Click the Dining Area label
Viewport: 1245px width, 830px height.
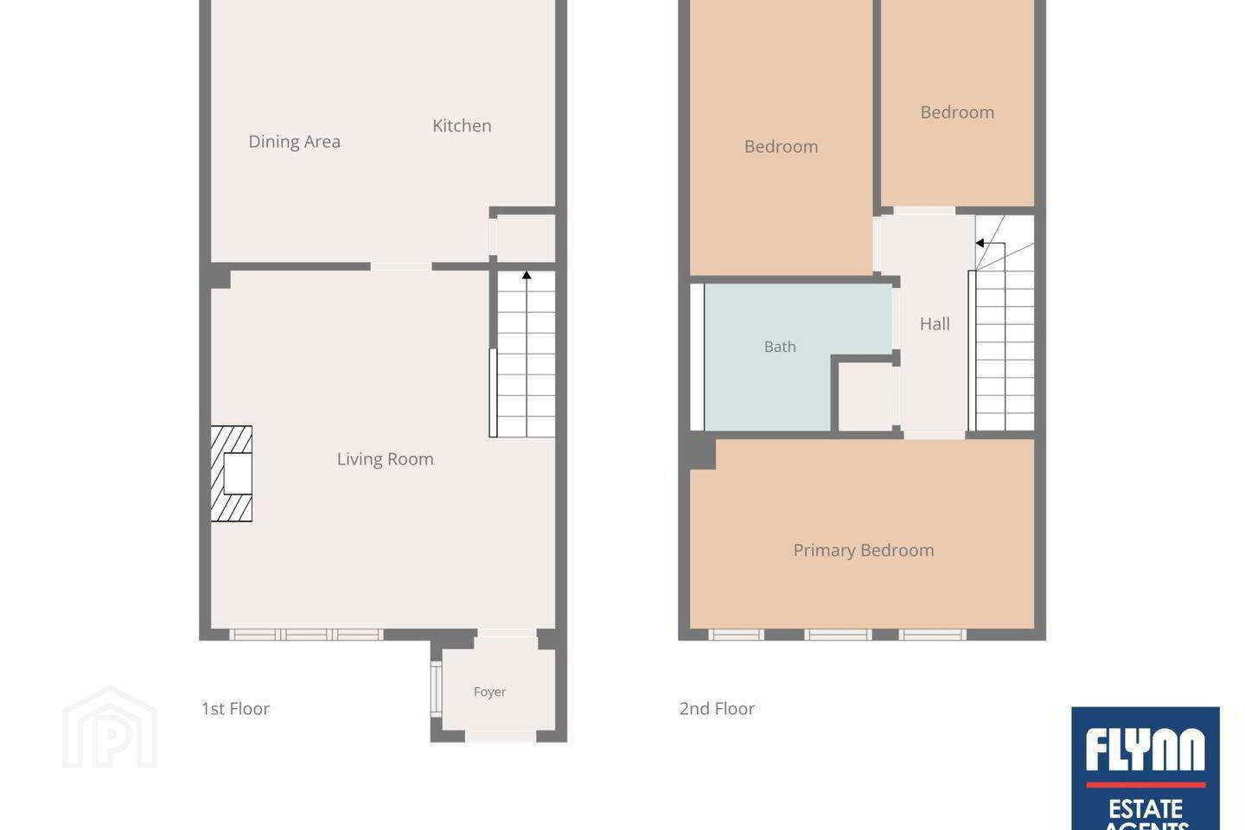tap(295, 142)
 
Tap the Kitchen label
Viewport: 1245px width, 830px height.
tap(462, 125)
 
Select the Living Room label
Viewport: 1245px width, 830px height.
tap(386, 459)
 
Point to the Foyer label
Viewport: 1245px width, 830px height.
tap(489, 693)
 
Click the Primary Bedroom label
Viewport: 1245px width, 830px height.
tap(864, 551)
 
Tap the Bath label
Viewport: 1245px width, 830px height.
tap(780, 347)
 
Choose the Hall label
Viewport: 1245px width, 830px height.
tap(935, 324)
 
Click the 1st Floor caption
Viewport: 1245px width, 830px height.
tap(235, 709)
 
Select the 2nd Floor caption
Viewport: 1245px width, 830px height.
tap(717, 709)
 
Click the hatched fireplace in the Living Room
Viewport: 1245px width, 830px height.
tap(231, 474)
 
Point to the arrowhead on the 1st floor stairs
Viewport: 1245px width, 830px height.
tap(527, 275)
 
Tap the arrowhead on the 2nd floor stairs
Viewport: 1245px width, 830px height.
tap(980, 243)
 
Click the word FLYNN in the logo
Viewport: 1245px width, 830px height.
tap(1145, 750)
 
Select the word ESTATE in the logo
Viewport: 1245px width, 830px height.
tap(1145, 809)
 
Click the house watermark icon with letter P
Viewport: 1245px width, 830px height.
tap(110, 728)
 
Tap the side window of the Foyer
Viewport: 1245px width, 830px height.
tap(437, 689)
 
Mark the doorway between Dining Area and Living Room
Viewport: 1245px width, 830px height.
tap(401, 267)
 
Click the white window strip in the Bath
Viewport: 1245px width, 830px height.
tap(697, 357)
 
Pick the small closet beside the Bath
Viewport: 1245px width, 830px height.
tap(865, 396)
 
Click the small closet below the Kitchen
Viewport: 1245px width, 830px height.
tap(526, 238)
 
